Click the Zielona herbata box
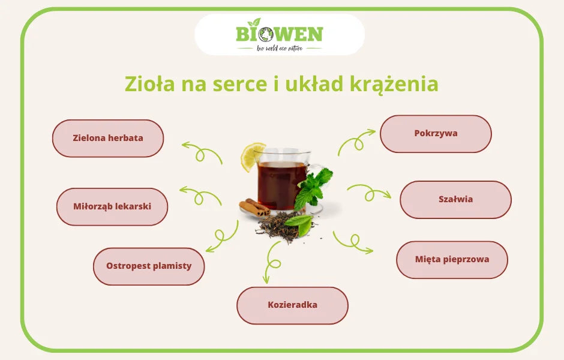(x=108, y=138)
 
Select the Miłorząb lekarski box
(x=112, y=206)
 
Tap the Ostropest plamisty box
(x=149, y=266)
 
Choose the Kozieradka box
(x=292, y=305)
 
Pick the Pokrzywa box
(x=436, y=133)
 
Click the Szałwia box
(x=455, y=199)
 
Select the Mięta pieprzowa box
(x=452, y=260)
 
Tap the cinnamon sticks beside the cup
(x=254, y=207)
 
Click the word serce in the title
(x=239, y=83)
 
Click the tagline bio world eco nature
(x=280, y=48)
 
